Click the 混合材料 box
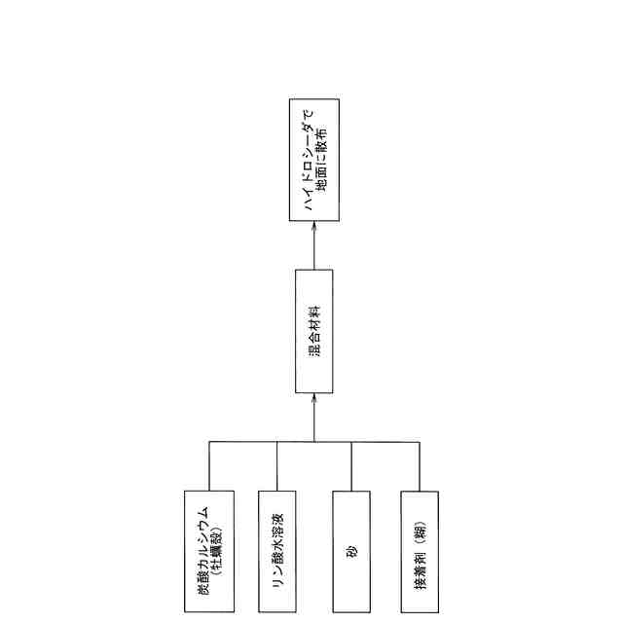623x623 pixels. (313, 331)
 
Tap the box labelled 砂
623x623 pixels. (350, 551)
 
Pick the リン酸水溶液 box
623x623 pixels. (277, 551)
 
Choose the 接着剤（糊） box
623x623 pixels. (420, 551)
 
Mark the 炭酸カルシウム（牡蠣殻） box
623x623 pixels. (208, 551)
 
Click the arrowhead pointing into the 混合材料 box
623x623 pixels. (313, 399)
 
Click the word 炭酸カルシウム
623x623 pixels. (202, 551)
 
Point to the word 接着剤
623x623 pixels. (420, 569)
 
